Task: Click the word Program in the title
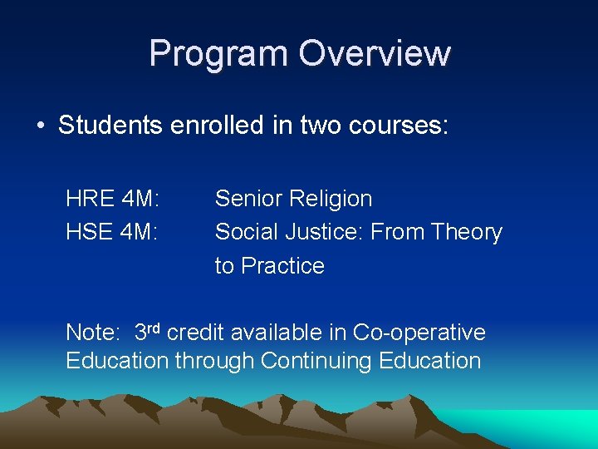pyautogui.click(x=219, y=54)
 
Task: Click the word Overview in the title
pyautogui.click(x=375, y=54)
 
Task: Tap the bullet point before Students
pyautogui.click(x=40, y=126)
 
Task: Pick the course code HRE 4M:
pyautogui.click(x=112, y=199)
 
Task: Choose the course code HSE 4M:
pyautogui.click(x=112, y=232)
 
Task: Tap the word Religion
pyautogui.click(x=334, y=200)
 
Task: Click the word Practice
pyautogui.click(x=282, y=266)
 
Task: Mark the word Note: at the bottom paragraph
pyautogui.click(x=93, y=333)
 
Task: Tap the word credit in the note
pyautogui.click(x=195, y=333)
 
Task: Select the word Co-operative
pyautogui.click(x=419, y=333)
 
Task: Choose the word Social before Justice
pyautogui.click(x=248, y=232)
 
